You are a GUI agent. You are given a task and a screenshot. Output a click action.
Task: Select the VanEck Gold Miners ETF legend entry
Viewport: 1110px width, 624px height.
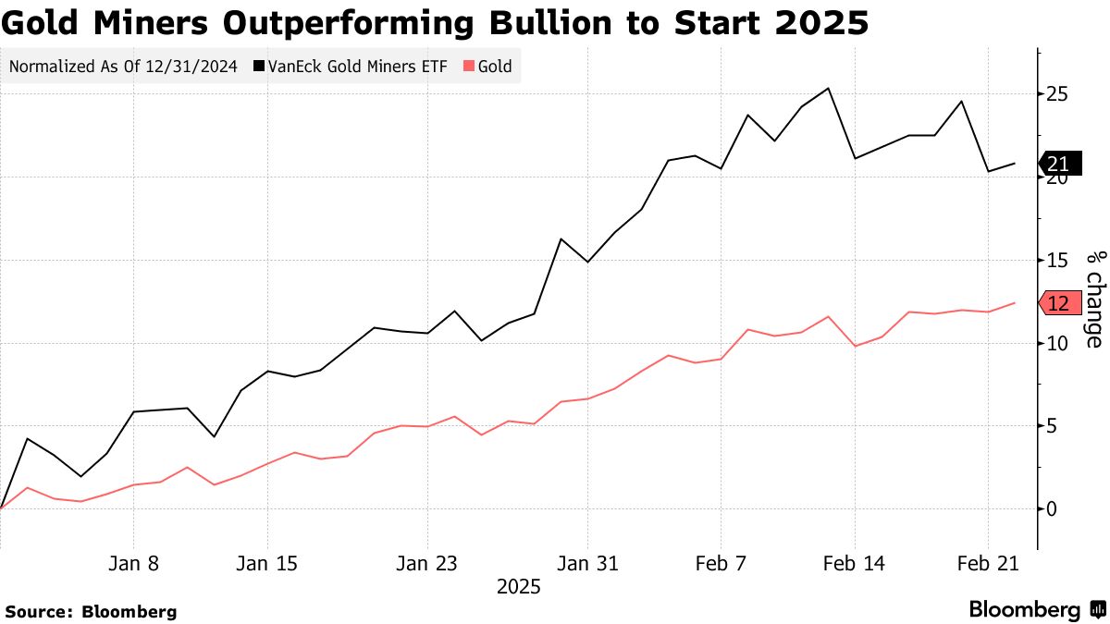[x=350, y=67]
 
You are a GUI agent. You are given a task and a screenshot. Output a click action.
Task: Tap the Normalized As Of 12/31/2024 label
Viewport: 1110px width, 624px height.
[x=122, y=67]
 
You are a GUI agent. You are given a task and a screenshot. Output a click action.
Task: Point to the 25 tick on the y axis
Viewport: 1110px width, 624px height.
[x=1058, y=94]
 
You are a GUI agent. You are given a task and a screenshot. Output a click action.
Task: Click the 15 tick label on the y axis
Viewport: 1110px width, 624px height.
[x=1058, y=261]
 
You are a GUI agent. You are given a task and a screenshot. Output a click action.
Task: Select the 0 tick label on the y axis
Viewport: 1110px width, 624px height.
[x=1052, y=508]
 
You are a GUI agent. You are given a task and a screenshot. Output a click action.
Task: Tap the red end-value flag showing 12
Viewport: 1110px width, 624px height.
[x=1057, y=303]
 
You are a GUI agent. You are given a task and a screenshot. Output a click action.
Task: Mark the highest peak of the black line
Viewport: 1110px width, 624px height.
[x=828, y=89]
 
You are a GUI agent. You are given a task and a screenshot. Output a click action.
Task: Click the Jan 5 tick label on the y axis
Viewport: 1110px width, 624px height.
[x=1052, y=426]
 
